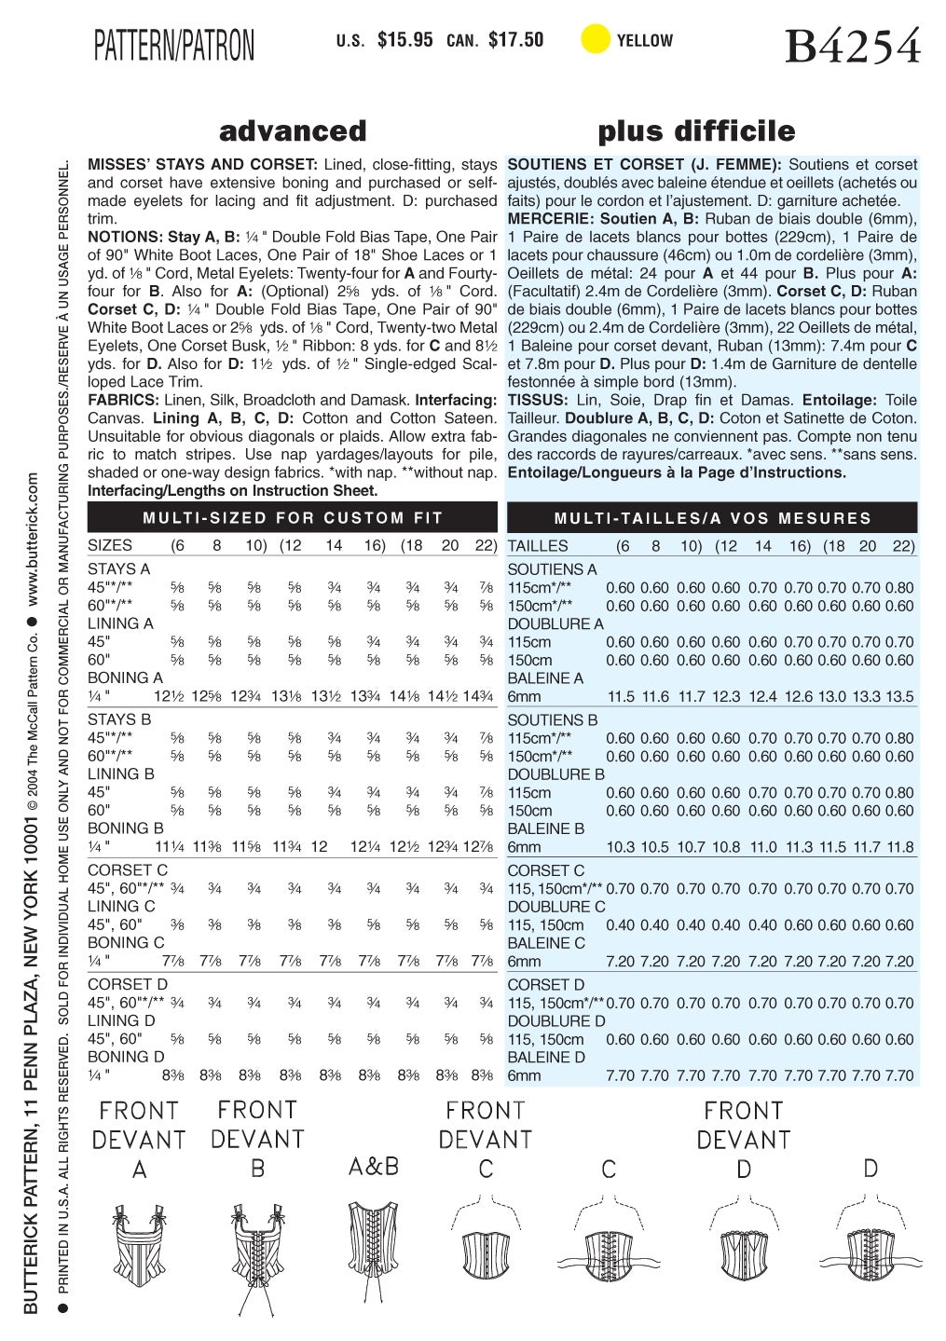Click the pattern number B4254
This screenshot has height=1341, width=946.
pos(852,45)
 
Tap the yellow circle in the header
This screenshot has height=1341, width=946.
pos(595,40)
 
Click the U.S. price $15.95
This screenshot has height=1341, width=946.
pos(404,40)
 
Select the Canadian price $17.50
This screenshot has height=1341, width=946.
pos(515,40)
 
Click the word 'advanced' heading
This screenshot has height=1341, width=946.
pos(293,130)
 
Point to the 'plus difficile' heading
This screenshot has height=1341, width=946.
pos(696,130)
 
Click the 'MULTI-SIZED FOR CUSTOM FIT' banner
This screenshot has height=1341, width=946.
pos(293,518)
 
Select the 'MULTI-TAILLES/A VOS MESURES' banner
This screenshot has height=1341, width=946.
pos(712,518)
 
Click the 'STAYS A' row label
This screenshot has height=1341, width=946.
pos(118,568)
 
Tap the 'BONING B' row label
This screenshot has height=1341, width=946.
pos(125,828)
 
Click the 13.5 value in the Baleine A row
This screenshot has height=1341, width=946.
pos(898,697)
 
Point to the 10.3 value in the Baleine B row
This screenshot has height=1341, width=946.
pos(620,847)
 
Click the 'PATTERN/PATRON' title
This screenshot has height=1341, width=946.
pos(173,45)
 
